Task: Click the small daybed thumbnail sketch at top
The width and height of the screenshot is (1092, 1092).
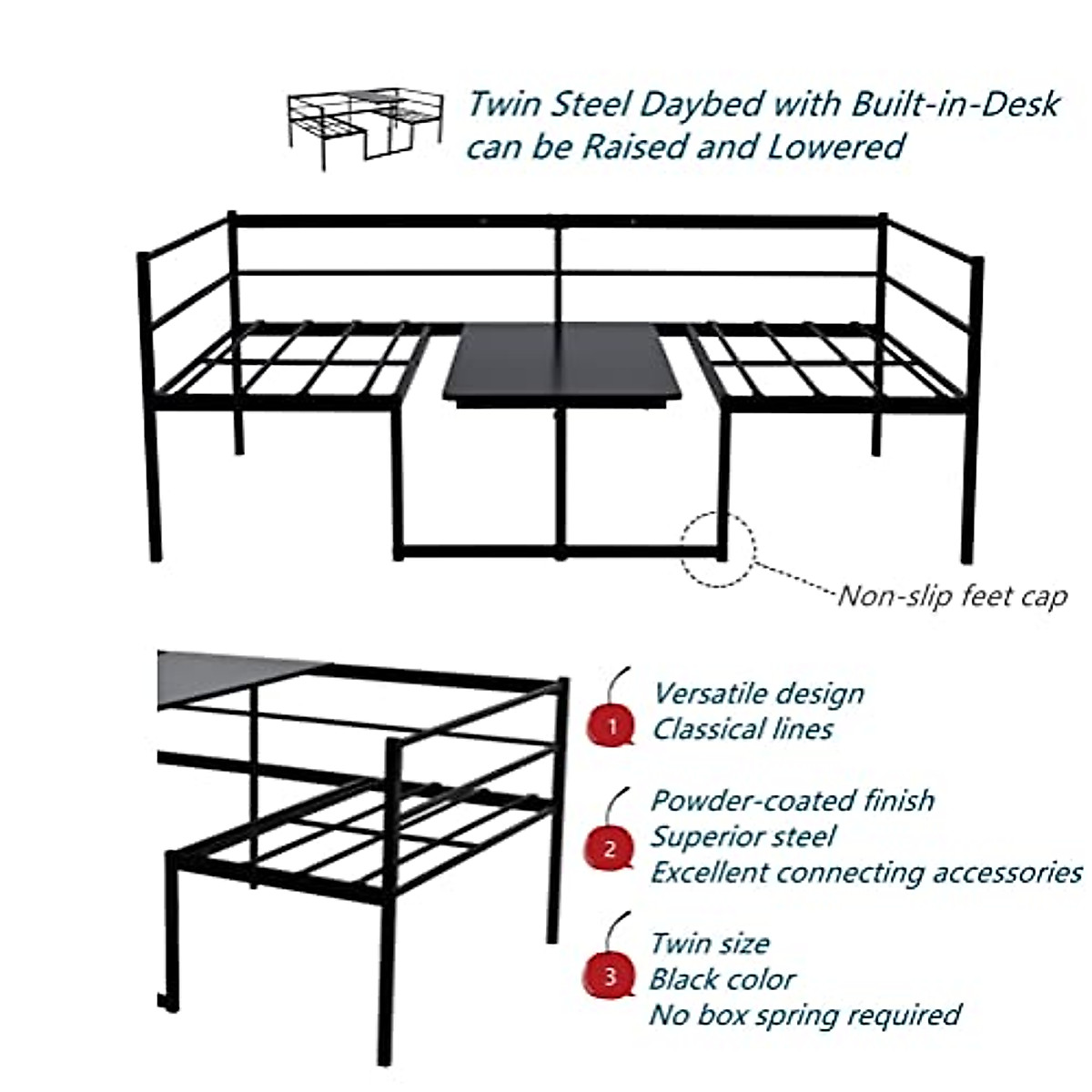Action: click(365, 130)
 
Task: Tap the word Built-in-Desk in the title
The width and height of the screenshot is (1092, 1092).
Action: click(955, 104)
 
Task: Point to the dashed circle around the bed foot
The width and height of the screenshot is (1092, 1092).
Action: click(718, 550)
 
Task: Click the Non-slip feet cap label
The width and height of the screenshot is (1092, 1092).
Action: click(951, 597)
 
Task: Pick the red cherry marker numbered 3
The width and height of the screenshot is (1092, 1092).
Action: click(610, 975)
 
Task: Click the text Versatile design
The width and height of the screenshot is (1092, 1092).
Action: click(758, 693)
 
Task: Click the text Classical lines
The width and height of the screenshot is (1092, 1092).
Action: click(742, 729)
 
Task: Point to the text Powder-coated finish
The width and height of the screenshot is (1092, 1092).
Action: click(792, 801)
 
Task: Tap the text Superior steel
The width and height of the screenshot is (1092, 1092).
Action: click(742, 836)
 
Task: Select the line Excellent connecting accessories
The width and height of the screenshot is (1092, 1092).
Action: click(865, 873)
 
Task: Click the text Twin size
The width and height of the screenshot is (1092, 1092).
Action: click(709, 943)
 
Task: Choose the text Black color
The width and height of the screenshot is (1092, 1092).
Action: click(722, 979)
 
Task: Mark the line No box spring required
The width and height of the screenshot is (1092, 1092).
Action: click(804, 1015)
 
